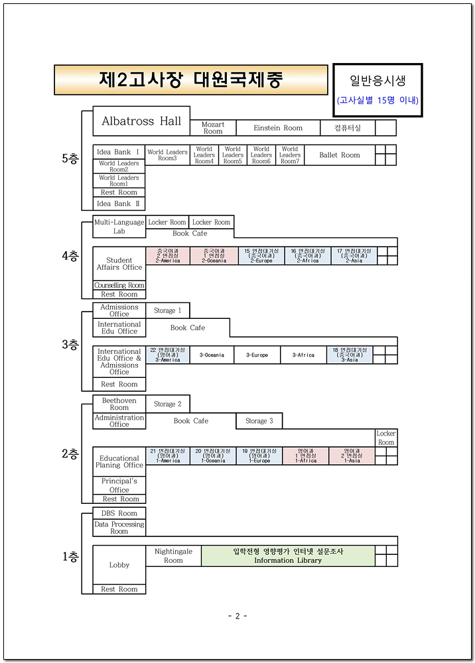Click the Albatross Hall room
(141, 121)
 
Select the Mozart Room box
(213, 128)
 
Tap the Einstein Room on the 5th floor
(278, 128)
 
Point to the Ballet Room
(340, 155)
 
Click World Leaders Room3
(167, 155)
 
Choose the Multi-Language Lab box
(119, 227)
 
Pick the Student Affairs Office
(119, 264)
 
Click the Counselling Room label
(119, 286)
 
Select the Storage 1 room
(167, 310)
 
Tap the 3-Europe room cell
(257, 355)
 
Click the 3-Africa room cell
(303, 355)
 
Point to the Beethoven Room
(119, 404)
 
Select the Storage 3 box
(259, 421)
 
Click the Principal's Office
(119, 485)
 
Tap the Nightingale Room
(173, 556)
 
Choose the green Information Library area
(288, 556)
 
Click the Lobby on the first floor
(119, 565)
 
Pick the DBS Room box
(119, 513)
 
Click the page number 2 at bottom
(237, 616)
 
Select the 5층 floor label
(70, 158)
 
